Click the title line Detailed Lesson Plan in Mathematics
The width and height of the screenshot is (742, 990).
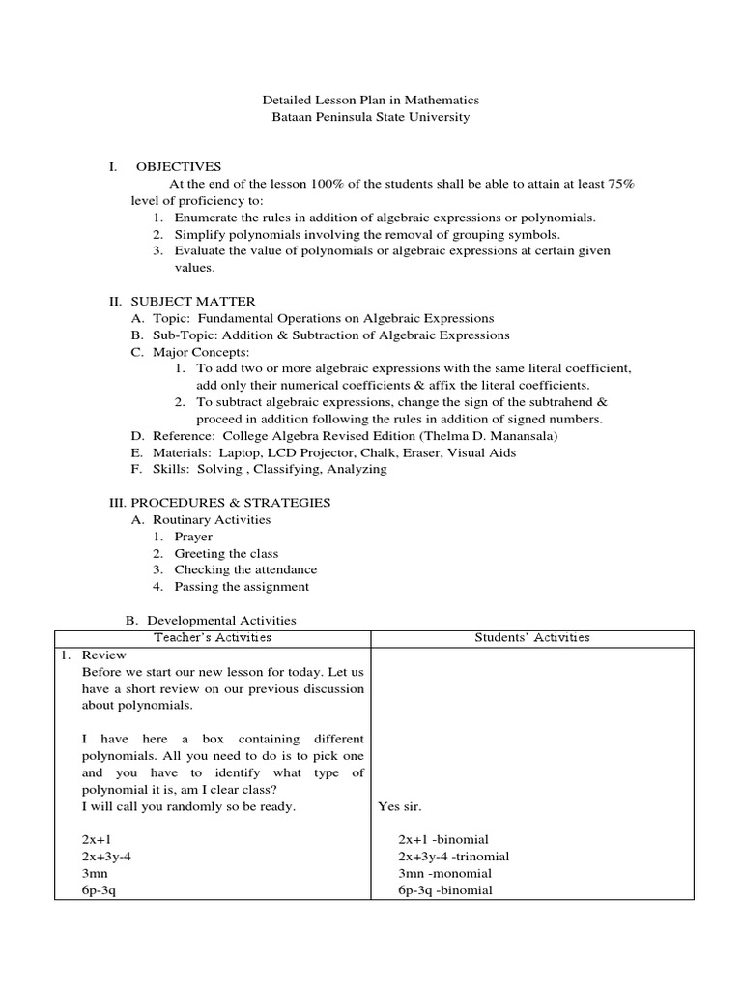click(x=371, y=100)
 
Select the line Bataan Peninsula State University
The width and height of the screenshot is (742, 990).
click(x=371, y=117)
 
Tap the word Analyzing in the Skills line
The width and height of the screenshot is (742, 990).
click(x=357, y=469)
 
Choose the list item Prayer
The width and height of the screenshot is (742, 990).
click(x=193, y=537)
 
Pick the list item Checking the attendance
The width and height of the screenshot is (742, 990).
click(x=245, y=569)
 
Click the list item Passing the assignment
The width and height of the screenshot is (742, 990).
click(x=242, y=587)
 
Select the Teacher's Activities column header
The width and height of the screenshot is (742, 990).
click(x=213, y=638)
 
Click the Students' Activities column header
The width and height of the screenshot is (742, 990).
click(x=532, y=638)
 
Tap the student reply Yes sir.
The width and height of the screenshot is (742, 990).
click(x=400, y=806)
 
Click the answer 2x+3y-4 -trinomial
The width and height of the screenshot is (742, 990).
click(x=453, y=857)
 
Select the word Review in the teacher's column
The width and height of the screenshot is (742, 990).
click(x=100, y=655)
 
